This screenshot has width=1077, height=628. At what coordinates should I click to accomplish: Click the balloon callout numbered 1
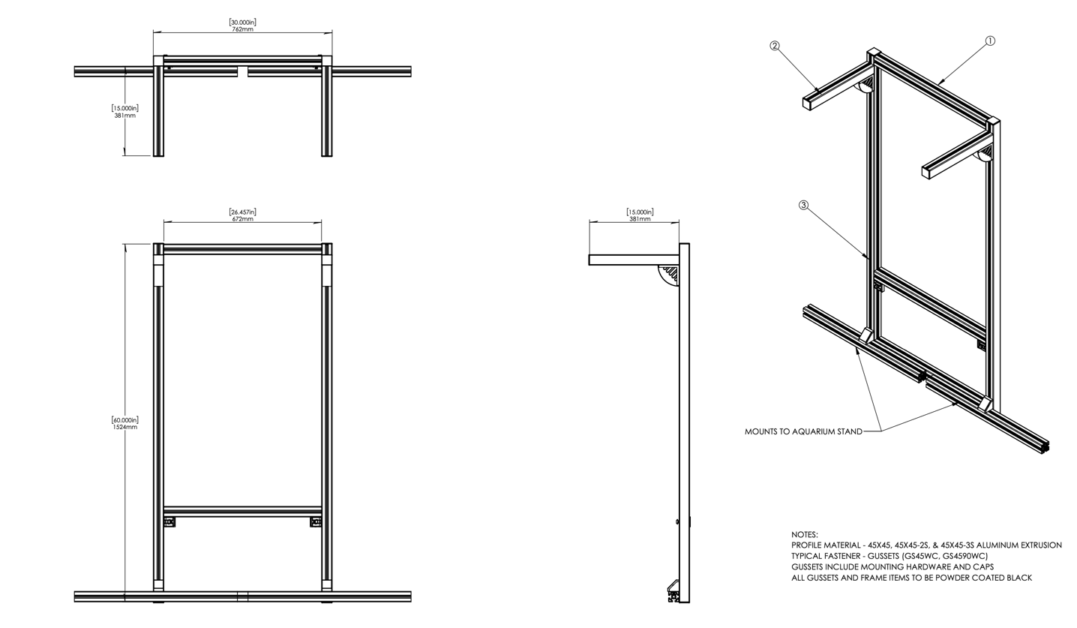(x=990, y=41)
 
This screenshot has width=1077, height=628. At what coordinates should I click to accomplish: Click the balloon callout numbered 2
(x=774, y=47)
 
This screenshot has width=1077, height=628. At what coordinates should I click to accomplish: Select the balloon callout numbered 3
(x=803, y=206)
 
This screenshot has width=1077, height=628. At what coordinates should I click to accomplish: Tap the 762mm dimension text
(x=242, y=29)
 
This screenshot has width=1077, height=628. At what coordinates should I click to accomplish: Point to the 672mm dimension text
(x=242, y=219)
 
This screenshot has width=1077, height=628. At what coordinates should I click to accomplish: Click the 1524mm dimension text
(x=125, y=427)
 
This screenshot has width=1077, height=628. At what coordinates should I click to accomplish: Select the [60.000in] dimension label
(x=125, y=419)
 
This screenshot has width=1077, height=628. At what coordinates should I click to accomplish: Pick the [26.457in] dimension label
(x=242, y=212)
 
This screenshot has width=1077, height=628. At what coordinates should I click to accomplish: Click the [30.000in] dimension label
(x=242, y=22)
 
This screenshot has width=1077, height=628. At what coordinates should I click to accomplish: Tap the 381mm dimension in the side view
(x=640, y=219)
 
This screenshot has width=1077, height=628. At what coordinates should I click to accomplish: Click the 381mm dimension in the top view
(x=125, y=116)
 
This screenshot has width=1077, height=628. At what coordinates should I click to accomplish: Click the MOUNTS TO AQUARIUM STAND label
(x=803, y=432)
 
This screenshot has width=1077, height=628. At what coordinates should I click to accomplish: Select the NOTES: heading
(x=805, y=535)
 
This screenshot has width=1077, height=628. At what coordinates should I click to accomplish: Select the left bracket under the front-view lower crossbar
(x=169, y=522)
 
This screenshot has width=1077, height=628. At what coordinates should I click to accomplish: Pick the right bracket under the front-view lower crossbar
(x=316, y=522)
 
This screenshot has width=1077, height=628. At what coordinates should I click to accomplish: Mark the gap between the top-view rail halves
(x=243, y=71)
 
